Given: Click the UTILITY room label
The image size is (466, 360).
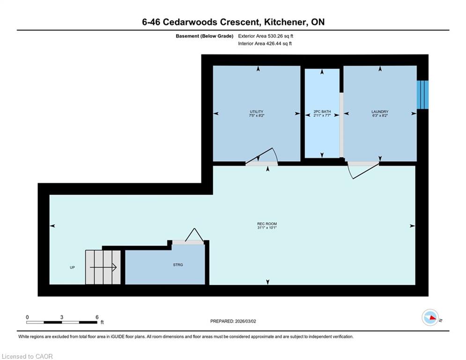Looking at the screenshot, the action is pos(257,112).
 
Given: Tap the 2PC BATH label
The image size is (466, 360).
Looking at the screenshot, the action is pos(322,112).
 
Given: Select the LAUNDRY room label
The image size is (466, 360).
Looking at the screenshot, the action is pos(380,112).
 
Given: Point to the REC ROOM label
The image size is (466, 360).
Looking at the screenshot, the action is pos(267,224).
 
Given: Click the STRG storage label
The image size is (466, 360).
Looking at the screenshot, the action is pos(178,265).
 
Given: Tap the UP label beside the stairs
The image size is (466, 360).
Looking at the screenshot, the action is pos(72,268).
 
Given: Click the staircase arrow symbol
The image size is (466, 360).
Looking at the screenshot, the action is pos(103,268).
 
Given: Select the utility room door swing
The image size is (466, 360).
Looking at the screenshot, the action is pos(261,156).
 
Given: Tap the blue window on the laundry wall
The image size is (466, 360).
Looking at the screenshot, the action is pos(422,95).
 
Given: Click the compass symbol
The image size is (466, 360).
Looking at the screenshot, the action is pos(430,317).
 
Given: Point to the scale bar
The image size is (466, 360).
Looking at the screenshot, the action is pos(62,322).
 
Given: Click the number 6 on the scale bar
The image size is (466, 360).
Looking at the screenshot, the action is pos(97,317).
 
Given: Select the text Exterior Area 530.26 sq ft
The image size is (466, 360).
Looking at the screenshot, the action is pos(266,36).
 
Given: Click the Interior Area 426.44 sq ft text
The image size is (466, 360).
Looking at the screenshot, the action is pos(265,44).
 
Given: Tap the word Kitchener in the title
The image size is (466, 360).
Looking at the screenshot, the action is pos(284,22).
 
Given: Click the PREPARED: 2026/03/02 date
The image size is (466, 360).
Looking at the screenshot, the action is pos(233,321).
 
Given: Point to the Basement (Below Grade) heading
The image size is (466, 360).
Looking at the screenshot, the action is pos(205,36).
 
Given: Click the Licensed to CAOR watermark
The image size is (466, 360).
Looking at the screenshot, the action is pos(27,356).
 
